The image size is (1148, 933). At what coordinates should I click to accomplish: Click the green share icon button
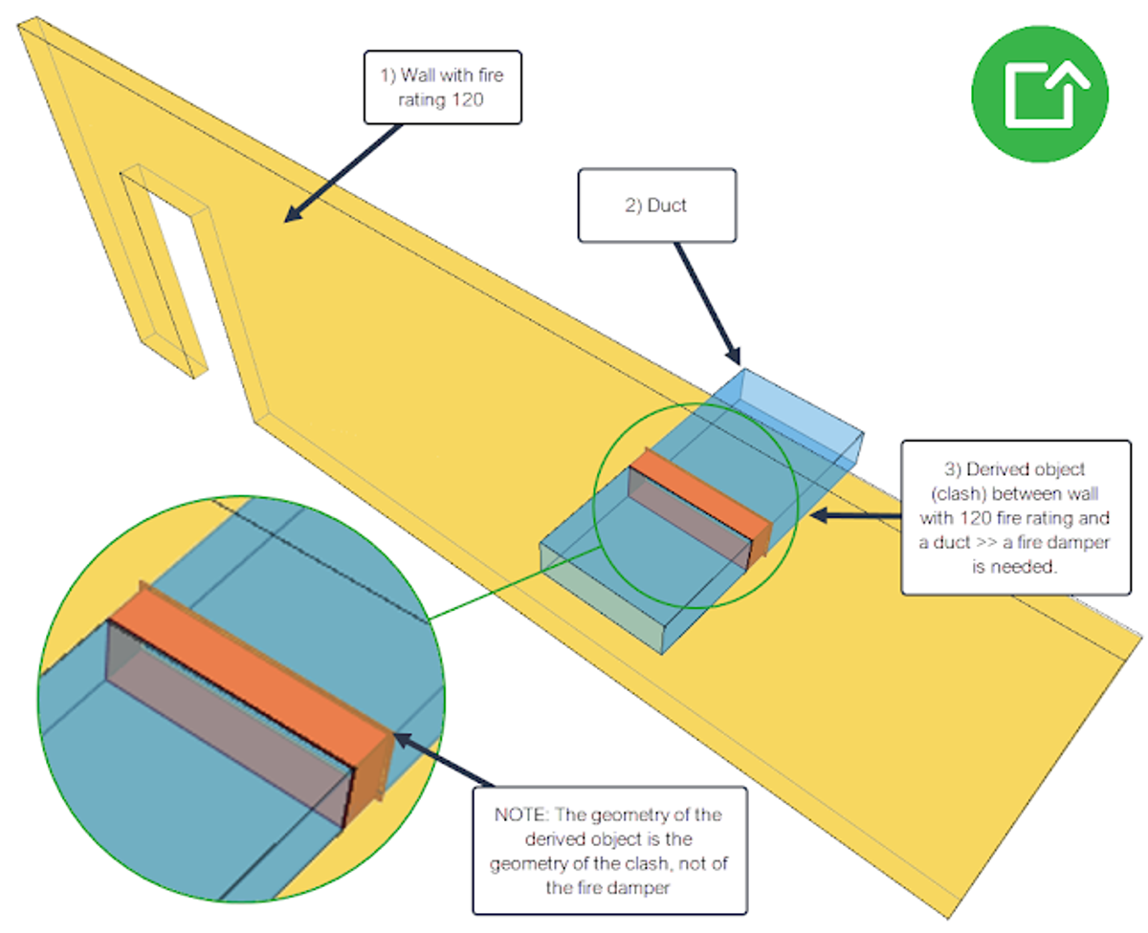(x=1039, y=94)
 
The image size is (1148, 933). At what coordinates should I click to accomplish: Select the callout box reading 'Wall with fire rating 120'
(x=443, y=88)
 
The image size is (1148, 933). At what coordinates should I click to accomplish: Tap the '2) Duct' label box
(x=656, y=205)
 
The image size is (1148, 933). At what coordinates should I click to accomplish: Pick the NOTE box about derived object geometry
(x=608, y=850)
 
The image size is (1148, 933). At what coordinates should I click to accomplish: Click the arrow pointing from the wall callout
(x=344, y=172)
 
